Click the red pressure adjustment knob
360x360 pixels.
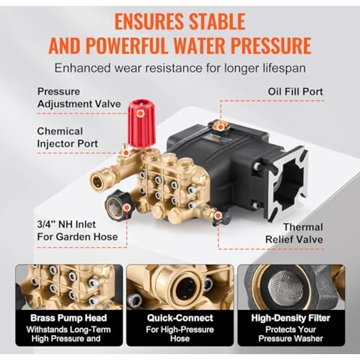tap(141, 123)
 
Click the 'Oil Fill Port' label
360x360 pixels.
tap(295, 91)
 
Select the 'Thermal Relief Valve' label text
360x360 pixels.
tap(294, 233)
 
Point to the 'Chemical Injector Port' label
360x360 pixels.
tap(67, 137)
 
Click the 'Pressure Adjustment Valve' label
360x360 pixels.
tap(79, 98)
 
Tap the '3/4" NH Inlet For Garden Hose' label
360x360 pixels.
tap(77, 230)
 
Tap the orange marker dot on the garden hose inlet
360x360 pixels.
tap(126, 208)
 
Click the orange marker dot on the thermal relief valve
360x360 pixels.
tap(218, 216)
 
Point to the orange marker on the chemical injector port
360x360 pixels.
tap(126, 153)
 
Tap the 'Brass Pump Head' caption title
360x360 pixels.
tap(68, 318)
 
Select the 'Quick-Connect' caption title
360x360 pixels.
tap(180, 318)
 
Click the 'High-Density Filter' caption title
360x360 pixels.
tap(291, 318)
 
